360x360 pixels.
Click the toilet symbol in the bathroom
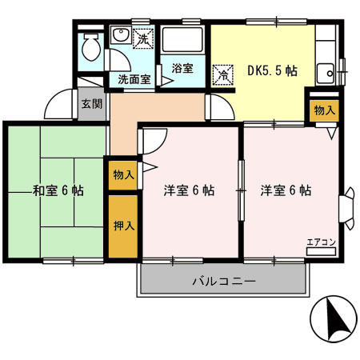tap(92, 47)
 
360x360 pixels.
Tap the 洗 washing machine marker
tap(143, 37)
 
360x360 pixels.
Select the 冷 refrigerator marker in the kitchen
tap(224, 73)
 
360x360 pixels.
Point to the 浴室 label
tap(182, 68)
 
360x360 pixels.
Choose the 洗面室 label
tap(134, 79)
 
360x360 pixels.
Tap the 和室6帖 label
tap(58, 191)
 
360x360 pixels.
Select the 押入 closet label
tap(123, 226)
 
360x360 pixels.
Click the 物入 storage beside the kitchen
tap(323, 110)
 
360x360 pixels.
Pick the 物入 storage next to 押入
tap(123, 174)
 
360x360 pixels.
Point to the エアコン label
tap(322, 242)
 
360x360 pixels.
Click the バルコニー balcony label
tap(223, 282)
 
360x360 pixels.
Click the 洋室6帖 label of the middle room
tap(189, 191)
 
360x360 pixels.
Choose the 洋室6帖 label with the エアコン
tap(286, 191)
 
